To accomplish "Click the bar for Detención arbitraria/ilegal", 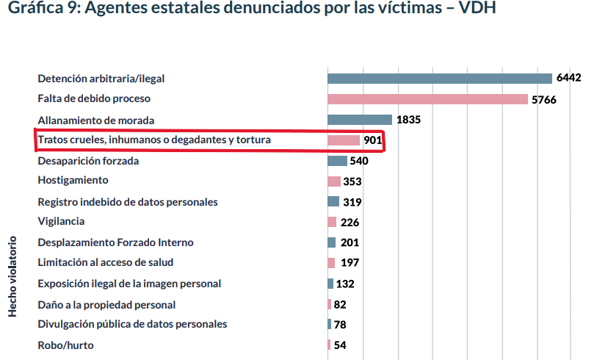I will (x=439, y=79).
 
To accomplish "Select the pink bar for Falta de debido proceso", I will (x=427, y=99).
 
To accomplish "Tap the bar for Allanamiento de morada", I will (x=359, y=120).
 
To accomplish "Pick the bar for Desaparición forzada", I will (x=337, y=161).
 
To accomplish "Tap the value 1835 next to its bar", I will (x=408, y=120).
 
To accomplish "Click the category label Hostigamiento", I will (x=73, y=180).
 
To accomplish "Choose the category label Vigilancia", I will (x=61, y=221).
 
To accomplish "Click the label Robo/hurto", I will (x=65, y=345).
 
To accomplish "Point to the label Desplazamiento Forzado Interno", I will (x=115, y=242).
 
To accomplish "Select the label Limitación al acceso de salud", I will (x=106, y=262).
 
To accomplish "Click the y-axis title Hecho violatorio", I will (x=13, y=276).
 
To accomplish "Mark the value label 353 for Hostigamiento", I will (x=352, y=181).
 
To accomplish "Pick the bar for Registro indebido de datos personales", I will (x=333, y=201).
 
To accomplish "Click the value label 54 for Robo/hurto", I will (x=339, y=345).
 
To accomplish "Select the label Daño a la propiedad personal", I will (x=106, y=304).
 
